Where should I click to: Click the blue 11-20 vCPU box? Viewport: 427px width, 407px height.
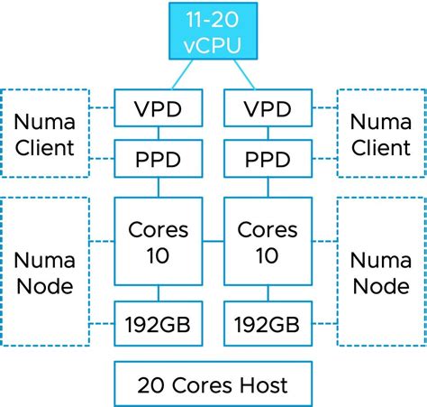click(x=213, y=30)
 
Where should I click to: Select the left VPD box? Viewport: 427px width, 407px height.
click(x=159, y=109)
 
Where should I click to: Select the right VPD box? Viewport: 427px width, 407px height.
click(x=267, y=109)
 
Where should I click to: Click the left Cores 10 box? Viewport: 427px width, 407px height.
click(x=159, y=242)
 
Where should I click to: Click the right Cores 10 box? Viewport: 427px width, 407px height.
click(x=267, y=242)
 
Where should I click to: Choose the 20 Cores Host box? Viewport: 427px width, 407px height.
click(x=213, y=384)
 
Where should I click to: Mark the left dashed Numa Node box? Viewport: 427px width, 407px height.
click(x=45, y=272)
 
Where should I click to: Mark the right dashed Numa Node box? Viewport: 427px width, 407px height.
click(x=381, y=272)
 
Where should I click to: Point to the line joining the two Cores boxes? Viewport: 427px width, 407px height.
click(x=213, y=242)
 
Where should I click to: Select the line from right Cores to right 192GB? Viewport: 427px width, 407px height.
click(x=267, y=294)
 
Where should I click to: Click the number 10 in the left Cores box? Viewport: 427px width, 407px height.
click(x=159, y=254)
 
